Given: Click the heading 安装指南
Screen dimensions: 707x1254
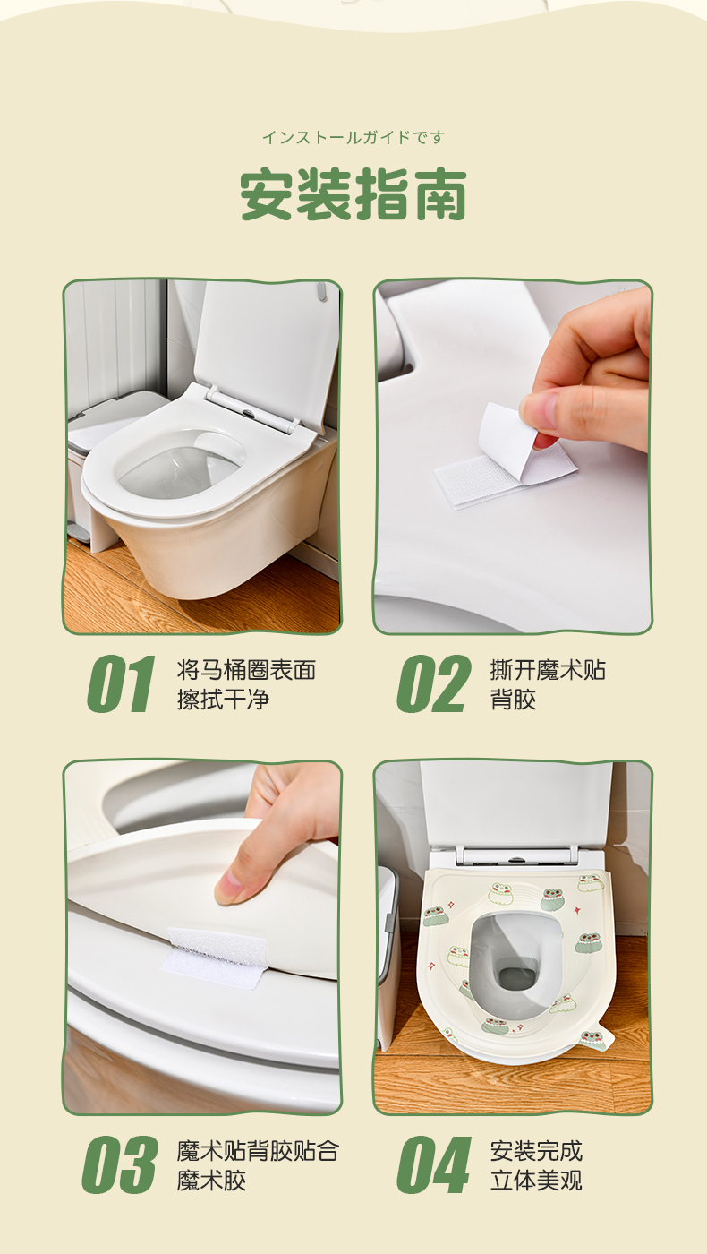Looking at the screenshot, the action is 353,194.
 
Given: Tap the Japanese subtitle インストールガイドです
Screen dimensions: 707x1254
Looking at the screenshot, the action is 353,137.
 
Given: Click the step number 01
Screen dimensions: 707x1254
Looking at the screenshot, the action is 121,683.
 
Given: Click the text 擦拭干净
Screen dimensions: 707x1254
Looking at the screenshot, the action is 223,699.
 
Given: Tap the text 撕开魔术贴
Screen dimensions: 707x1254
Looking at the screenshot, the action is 548,670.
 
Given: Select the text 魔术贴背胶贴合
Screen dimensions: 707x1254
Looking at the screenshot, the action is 258,1151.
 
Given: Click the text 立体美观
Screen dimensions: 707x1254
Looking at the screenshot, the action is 536,1181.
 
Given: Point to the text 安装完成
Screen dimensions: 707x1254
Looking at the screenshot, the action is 536,1151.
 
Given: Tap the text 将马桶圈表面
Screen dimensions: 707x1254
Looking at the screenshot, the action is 246,670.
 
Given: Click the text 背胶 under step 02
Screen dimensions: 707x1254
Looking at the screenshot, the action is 514,699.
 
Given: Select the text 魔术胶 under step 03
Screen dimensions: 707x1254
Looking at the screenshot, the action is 211,1181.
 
